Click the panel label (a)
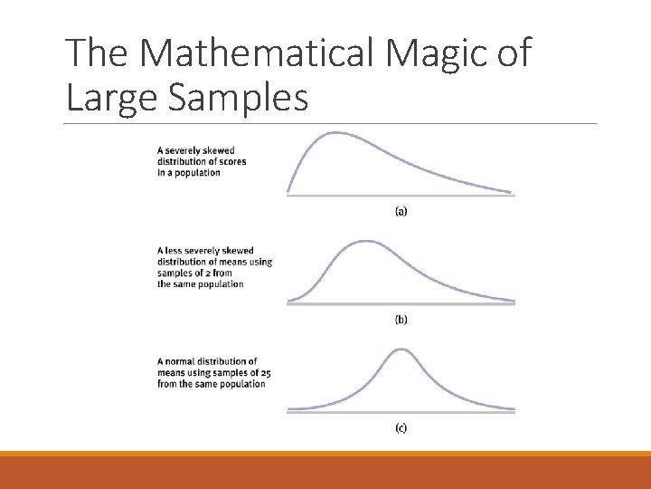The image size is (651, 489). point(401,211)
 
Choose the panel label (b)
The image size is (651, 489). point(401,320)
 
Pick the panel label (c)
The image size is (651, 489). point(401,427)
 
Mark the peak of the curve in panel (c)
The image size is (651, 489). point(399,350)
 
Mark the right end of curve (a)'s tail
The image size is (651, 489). point(511,192)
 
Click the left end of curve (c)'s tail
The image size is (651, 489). point(289,408)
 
